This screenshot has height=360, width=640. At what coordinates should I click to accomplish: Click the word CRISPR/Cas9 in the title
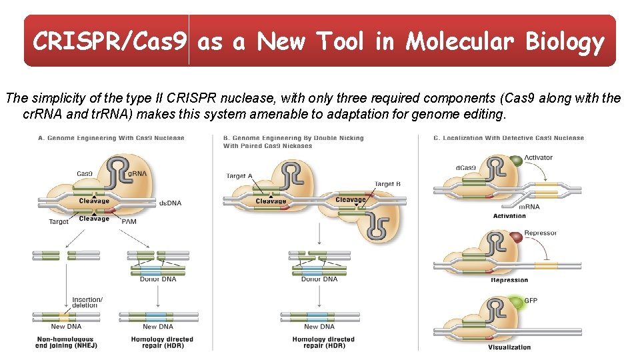click(111, 42)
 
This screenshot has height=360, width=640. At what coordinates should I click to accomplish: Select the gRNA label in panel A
click(137, 173)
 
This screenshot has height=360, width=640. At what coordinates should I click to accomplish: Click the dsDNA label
click(170, 203)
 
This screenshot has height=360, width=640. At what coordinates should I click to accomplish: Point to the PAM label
click(129, 221)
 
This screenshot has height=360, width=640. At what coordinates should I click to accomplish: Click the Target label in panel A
click(59, 221)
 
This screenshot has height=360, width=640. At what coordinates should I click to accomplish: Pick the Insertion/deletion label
click(87, 303)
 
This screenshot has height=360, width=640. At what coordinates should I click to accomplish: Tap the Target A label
click(240, 176)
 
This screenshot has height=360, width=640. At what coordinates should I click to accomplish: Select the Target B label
click(387, 184)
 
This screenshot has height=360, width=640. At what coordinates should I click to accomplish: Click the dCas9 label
click(465, 167)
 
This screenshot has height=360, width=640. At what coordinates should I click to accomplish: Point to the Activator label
click(538, 158)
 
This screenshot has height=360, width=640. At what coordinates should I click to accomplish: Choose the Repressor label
click(540, 233)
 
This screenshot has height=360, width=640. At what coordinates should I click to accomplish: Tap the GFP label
click(531, 301)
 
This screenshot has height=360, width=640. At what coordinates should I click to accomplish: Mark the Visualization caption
click(509, 347)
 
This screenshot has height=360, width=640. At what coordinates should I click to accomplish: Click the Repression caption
click(509, 280)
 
